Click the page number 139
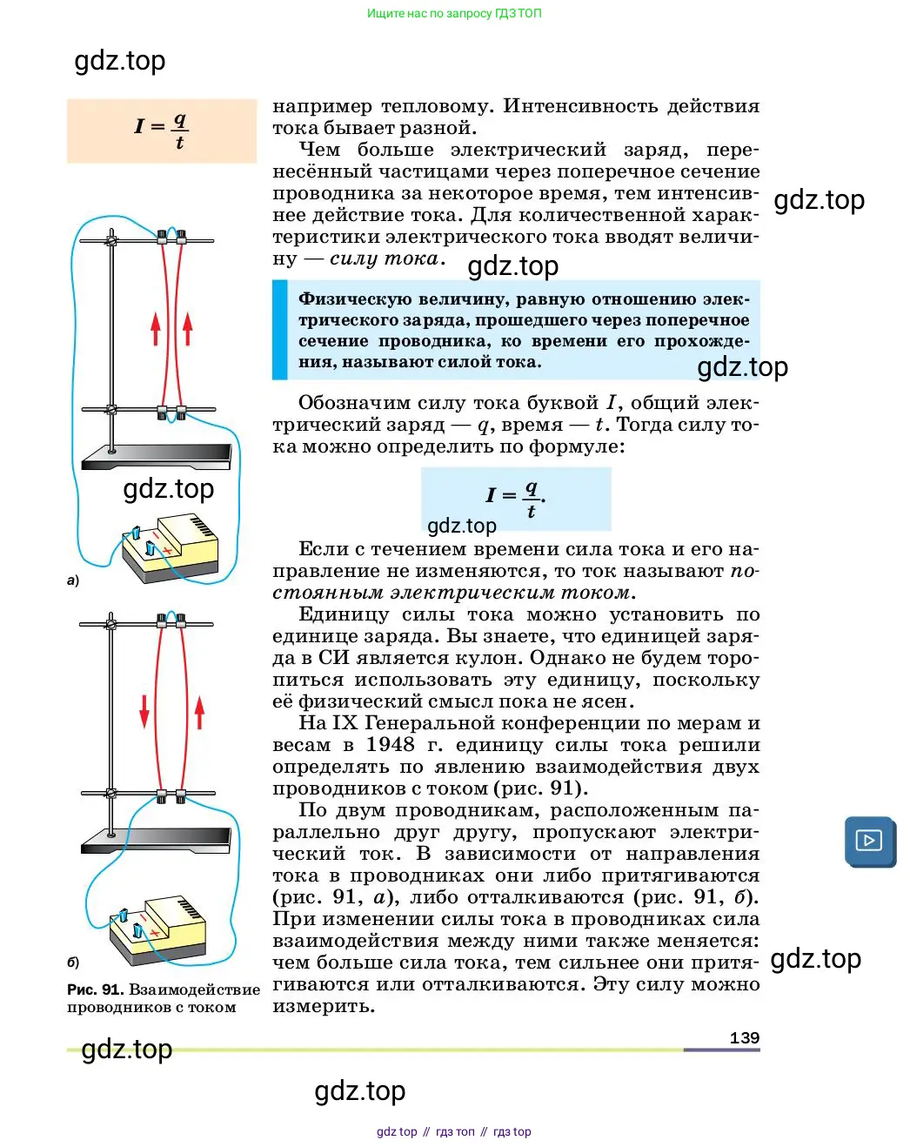coord(745,1037)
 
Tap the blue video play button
coord(870,842)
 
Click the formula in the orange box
coord(162,131)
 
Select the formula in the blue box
coord(516,500)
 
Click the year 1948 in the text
coord(391,745)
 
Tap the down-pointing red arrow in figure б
coord(144,711)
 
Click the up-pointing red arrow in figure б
coord(199,712)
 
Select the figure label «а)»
coord(73,580)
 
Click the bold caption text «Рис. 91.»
coord(96,989)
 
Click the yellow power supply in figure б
coord(157,930)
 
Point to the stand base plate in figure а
coord(157,457)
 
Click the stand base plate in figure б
coord(156,841)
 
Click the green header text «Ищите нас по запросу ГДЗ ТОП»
coord(454,13)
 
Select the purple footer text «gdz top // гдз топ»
coord(425,1131)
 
